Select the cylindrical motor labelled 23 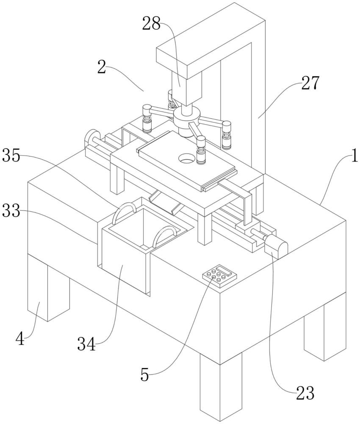click(x=275, y=247)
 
